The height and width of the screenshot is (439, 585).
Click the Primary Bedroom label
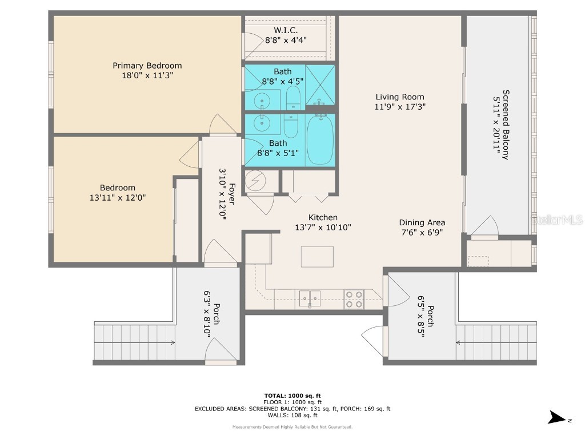[x=147, y=66]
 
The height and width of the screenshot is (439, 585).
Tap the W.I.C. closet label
[x=286, y=30]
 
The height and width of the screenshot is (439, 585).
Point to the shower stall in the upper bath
[x=320, y=85]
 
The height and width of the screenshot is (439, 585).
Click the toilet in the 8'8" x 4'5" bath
[x=293, y=98]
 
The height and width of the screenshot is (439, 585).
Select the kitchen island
[x=317, y=257]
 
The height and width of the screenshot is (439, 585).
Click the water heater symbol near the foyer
[x=254, y=182]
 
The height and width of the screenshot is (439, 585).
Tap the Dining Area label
[x=422, y=222]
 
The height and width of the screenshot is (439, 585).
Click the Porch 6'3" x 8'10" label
[x=212, y=314]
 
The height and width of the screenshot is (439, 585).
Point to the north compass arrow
[x=558, y=418]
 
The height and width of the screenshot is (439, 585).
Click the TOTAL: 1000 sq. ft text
[x=292, y=396]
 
